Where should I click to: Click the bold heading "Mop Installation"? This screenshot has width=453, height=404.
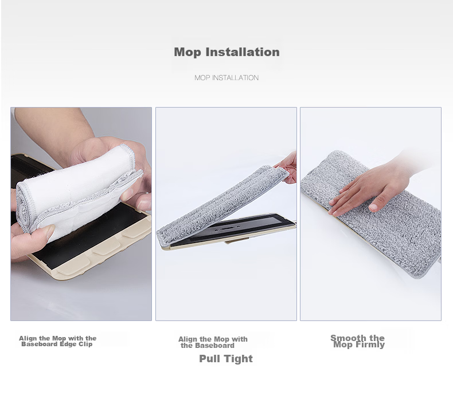coord(227,52)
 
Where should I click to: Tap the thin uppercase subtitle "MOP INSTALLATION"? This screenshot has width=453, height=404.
coord(226,78)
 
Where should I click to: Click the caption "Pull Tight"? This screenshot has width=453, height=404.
coord(226,359)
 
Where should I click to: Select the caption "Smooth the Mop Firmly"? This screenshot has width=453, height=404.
coord(358,341)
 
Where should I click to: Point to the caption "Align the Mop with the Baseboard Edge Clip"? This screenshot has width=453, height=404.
coord(57,341)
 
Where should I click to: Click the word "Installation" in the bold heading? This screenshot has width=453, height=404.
coord(243,52)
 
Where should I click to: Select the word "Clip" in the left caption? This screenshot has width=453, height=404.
coord(86,344)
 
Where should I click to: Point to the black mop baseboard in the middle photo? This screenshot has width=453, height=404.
coord(231,229)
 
